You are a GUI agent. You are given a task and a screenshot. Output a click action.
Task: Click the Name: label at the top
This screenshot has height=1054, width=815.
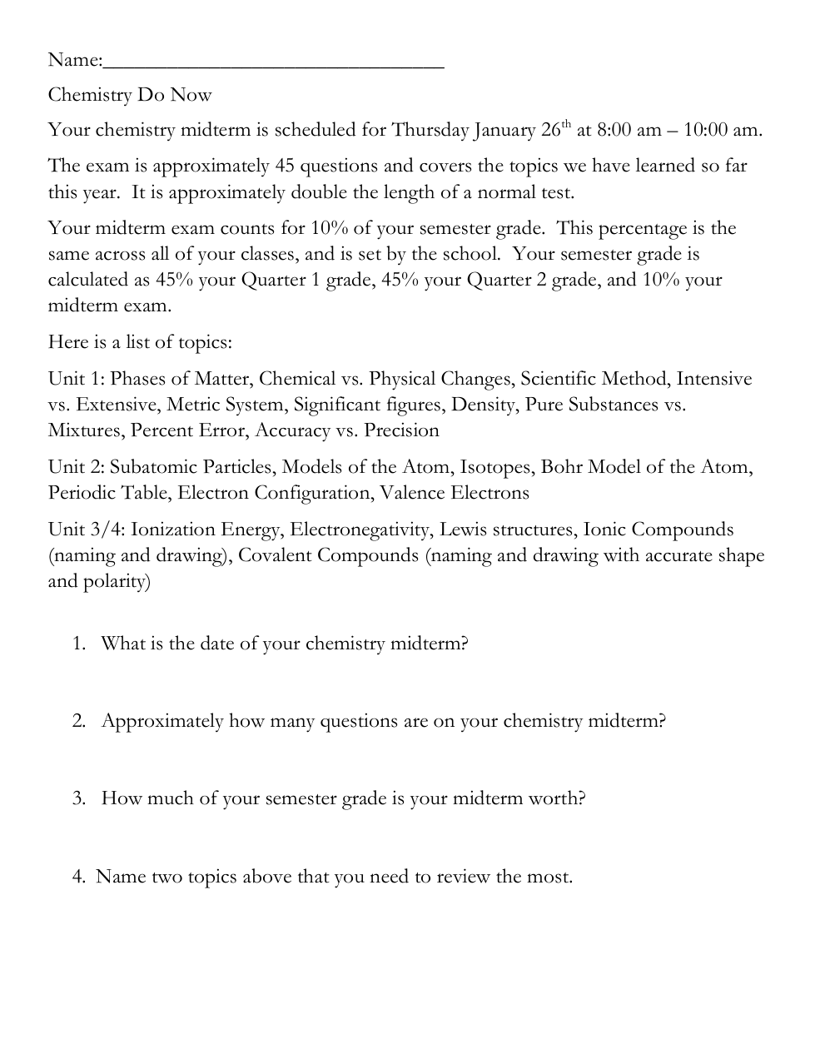pos(75,60)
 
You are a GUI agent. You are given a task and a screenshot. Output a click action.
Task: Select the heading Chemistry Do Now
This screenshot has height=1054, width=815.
pos(130,95)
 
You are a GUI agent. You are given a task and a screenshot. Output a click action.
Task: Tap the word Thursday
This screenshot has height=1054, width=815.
pos(430,130)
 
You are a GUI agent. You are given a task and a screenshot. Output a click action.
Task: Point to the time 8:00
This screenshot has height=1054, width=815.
pos(617,130)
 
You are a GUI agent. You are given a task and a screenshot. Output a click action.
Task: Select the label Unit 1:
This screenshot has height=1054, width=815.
pos(77,379)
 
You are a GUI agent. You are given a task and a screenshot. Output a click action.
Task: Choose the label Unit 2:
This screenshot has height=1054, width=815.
pos(77,467)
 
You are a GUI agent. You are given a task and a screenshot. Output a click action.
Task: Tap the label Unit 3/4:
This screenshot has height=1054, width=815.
pos(87,529)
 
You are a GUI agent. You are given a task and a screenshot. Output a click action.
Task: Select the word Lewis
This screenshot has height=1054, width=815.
pos(463,529)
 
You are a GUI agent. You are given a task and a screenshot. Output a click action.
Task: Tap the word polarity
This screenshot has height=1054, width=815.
pos(116,581)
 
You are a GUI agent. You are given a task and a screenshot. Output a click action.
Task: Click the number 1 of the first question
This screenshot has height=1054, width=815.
pos(78,644)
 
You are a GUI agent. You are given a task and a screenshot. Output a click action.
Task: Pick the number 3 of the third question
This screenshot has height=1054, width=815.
pos(78,798)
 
